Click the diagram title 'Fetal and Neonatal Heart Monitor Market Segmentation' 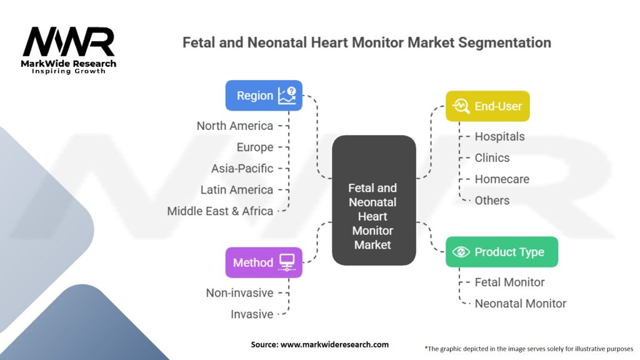[366, 42]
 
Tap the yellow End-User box [487, 106]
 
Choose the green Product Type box [501, 252]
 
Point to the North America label [235, 126]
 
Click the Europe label [255, 147]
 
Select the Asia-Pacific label [242, 168]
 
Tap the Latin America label [237, 189]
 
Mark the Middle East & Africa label [220, 211]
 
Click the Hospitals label [499, 136]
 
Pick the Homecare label [502, 179]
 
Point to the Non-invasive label [240, 292]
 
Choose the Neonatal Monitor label [520, 303]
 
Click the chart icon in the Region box [287, 95]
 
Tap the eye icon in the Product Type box [461, 252]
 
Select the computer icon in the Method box [287, 262]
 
